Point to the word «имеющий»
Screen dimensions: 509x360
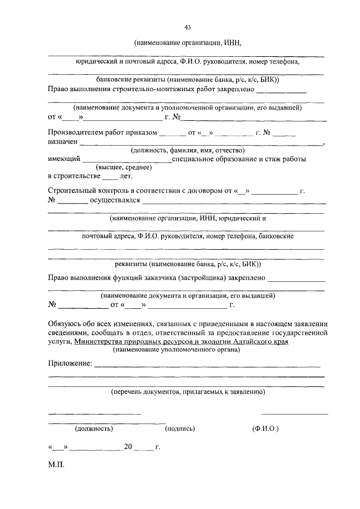point(64,159)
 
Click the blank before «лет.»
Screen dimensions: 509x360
point(110,177)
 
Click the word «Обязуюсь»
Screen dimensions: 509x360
point(65,325)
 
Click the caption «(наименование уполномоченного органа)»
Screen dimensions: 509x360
point(176,350)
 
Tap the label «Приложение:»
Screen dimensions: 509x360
point(70,364)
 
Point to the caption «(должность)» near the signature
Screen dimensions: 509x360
point(94,429)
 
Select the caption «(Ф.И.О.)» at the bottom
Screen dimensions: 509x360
point(266,429)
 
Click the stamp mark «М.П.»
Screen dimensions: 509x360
point(57,466)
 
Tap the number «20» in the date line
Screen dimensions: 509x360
point(128,447)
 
